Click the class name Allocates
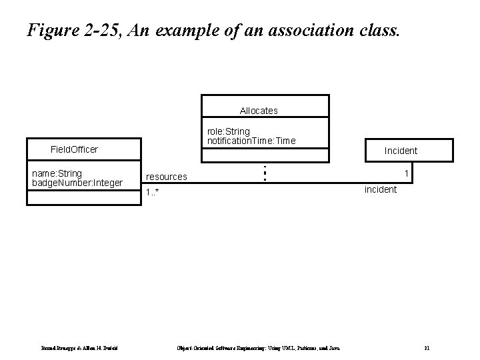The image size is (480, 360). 259,110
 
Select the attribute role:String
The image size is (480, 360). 229,131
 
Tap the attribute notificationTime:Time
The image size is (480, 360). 251,141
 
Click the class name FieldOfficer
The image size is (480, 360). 75,149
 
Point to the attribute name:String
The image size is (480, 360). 57,173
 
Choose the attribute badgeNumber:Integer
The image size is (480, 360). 77,183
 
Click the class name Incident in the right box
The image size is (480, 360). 401,151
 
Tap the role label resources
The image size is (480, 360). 166,177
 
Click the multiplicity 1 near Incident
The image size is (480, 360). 406,173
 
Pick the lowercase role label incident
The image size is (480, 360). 380,189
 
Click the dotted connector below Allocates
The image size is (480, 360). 265,173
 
